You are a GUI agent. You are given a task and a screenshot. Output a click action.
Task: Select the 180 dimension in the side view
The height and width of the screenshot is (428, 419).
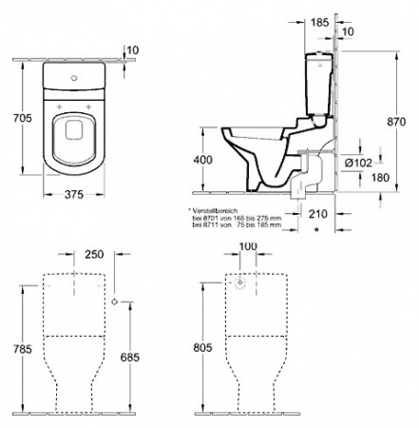[x=354, y=176]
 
